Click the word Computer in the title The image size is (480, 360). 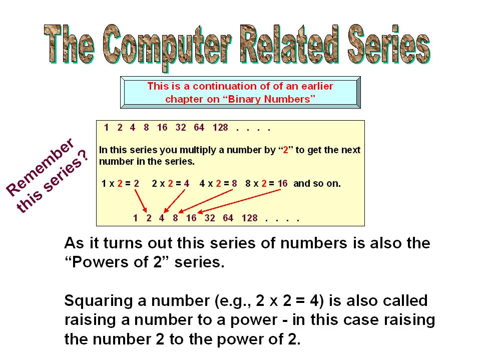[167, 46]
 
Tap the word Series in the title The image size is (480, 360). [389, 45]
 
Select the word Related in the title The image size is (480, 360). [289, 45]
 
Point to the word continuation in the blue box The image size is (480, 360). [225, 86]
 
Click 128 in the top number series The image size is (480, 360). [220, 127]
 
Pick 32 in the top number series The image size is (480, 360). [181, 127]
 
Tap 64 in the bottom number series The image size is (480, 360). [228, 218]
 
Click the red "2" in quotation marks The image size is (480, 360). [286, 150]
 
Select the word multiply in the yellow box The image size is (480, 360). [195, 150]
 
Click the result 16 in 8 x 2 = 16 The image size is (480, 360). [283, 183]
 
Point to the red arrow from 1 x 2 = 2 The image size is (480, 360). [141, 201]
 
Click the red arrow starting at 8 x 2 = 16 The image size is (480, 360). [239, 201]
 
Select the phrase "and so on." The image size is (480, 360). [317, 183]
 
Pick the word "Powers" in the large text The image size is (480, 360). [99, 262]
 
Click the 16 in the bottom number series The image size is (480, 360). [191, 218]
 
